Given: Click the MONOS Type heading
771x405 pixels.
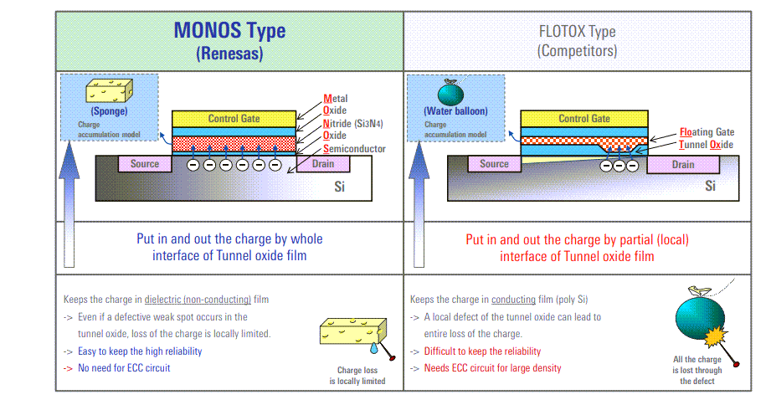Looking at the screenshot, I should tap(229, 31).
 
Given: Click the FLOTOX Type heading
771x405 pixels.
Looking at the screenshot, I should tap(577, 32).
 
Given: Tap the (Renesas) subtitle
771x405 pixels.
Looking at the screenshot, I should tap(229, 54).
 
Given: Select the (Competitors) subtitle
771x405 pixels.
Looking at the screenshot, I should tap(577, 51).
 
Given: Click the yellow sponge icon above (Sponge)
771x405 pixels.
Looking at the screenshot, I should tap(108, 90).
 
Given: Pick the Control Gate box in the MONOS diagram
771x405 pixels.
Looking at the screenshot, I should tap(234, 119).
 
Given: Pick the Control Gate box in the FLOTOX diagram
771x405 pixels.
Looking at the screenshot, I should tap(583, 119).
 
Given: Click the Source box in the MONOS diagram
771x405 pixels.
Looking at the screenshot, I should tap(144, 164).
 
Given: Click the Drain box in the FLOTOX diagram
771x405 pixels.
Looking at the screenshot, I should tap(683, 165).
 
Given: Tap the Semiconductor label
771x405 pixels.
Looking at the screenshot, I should tap(354, 148).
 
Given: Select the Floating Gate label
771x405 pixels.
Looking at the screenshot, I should tap(707, 132).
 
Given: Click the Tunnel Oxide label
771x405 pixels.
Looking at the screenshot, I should tap(706, 145).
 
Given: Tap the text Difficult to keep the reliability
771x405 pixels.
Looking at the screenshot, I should tap(482, 351).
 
